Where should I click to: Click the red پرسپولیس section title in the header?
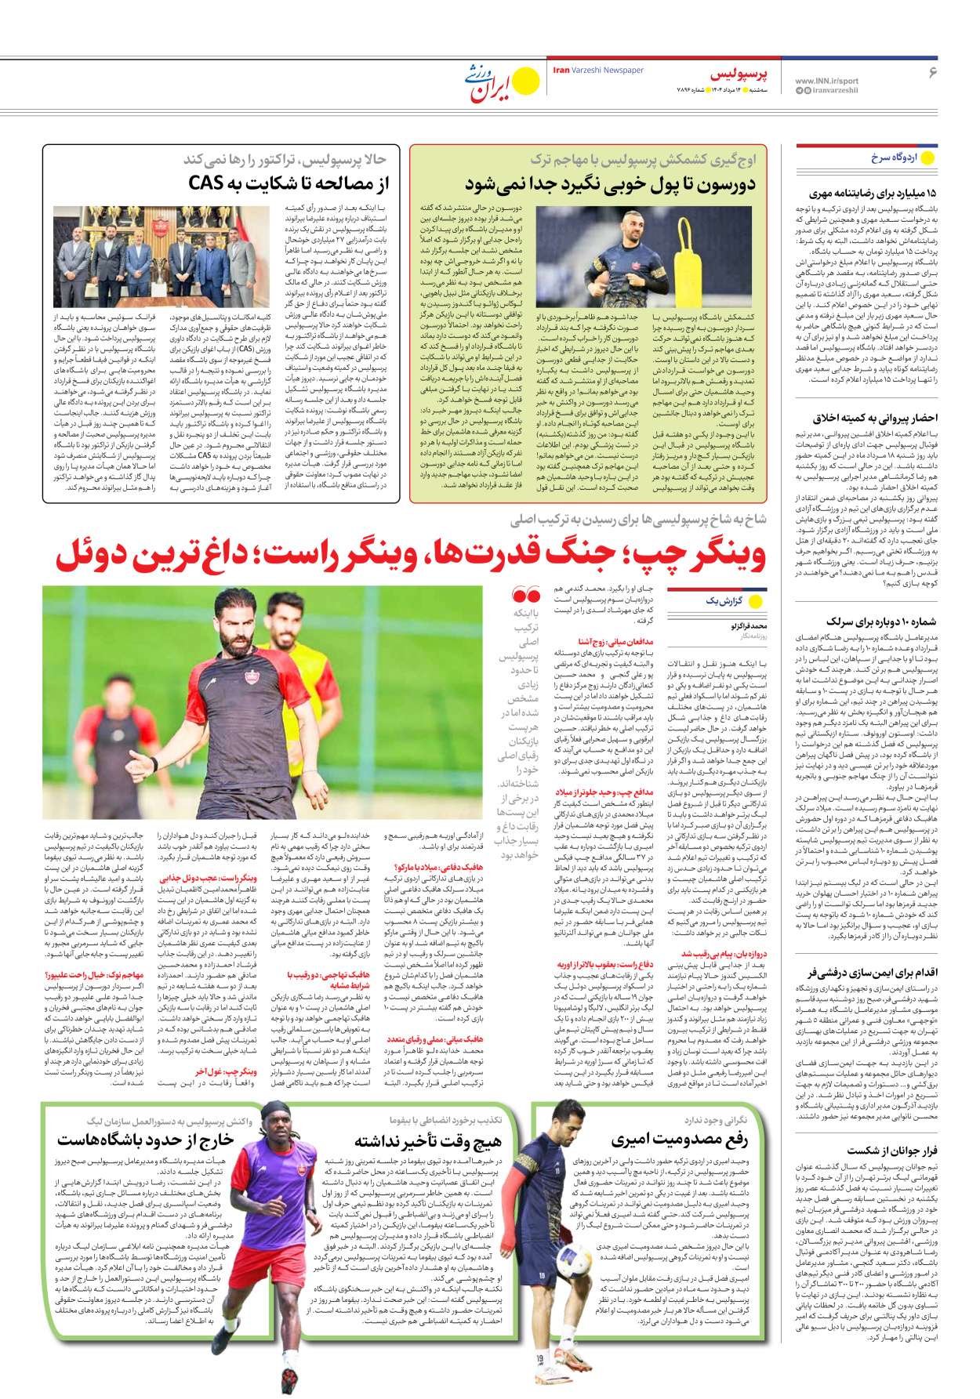pyautogui.click(x=739, y=75)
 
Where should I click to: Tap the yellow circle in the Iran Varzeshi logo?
pyautogui.click(x=525, y=82)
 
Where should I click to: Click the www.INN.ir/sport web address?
pyautogui.click(x=826, y=81)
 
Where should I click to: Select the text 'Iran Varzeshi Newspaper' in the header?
pyautogui.click(x=598, y=71)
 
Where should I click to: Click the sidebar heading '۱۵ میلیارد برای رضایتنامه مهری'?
pyautogui.click(x=873, y=193)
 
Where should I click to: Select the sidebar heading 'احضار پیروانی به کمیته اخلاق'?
pyautogui.click(x=874, y=418)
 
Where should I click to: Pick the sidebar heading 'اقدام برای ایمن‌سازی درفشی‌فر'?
pyautogui.click(x=873, y=973)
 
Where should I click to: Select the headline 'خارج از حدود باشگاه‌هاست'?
pyautogui.click(x=145, y=1139)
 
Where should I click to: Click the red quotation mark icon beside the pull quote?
pyautogui.click(x=526, y=595)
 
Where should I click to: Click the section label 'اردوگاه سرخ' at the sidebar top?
pyautogui.click(x=893, y=158)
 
